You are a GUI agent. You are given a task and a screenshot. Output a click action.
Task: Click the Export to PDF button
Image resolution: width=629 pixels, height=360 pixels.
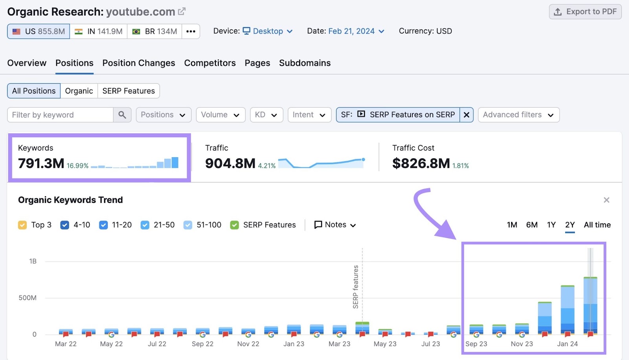585,12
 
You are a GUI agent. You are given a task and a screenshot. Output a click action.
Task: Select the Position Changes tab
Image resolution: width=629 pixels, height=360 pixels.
139,63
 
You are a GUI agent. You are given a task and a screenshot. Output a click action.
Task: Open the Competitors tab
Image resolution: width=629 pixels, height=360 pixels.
210,63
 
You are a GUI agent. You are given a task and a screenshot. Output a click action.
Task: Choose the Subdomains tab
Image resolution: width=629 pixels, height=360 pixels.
305,63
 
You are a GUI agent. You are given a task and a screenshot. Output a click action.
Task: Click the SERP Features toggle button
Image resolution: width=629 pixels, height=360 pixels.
129,91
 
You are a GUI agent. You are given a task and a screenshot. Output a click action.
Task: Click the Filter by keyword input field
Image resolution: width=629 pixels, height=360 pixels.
60,115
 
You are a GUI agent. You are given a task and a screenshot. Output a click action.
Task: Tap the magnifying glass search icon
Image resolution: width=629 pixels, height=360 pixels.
122,115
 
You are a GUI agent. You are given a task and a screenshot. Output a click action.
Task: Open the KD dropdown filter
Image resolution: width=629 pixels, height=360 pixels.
266,115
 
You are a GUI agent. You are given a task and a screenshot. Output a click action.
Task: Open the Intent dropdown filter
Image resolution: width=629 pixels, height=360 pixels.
309,115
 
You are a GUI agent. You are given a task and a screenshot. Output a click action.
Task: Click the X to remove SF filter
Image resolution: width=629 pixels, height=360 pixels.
466,115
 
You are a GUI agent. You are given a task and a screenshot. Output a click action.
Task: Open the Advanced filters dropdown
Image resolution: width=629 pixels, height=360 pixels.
518,115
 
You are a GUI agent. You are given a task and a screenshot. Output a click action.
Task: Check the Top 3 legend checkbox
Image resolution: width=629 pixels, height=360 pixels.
22,225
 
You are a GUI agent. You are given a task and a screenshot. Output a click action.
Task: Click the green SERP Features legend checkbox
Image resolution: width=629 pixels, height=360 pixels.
235,225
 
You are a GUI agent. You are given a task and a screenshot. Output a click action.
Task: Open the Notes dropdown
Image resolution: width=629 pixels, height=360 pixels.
335,225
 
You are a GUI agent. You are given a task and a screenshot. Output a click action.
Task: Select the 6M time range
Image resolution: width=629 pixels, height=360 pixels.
532,225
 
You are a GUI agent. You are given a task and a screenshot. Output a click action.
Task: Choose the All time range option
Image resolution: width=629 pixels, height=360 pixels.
597,225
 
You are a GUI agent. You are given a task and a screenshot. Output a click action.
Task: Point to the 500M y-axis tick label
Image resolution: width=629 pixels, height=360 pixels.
28,298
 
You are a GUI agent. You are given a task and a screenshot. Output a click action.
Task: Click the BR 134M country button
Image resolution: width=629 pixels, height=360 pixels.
154,31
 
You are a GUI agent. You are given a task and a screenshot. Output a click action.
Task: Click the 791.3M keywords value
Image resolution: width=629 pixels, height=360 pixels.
41,163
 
